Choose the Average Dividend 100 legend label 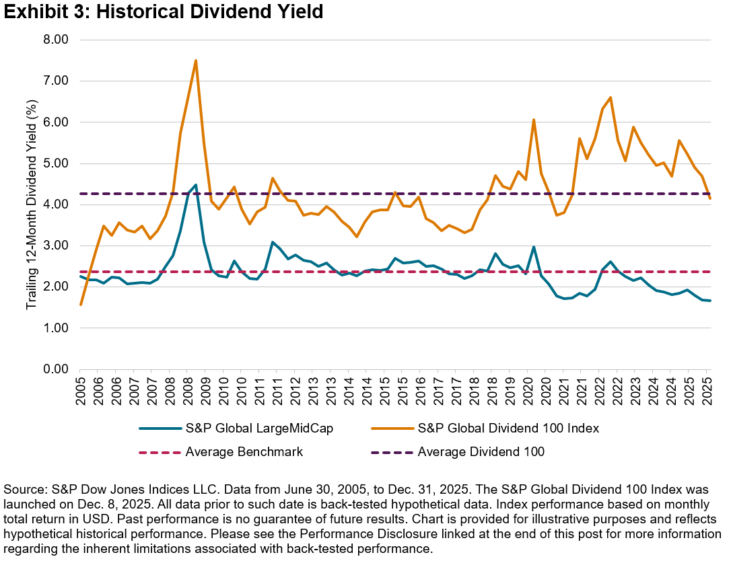pyautogui.click(x=481, y=452)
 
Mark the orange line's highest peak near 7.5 pyautogui.click(x=195, y=61)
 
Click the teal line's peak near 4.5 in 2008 pyautogui.click(x=195, y=185)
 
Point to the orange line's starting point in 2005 pyautogui.click(x=80, y=305)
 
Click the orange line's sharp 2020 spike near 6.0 pyautogui.click(x=534, y=120)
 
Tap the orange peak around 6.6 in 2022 pyautogui.click(x=610, y=98)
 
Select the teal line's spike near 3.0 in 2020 pyautogui.click(x=534, y=247)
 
